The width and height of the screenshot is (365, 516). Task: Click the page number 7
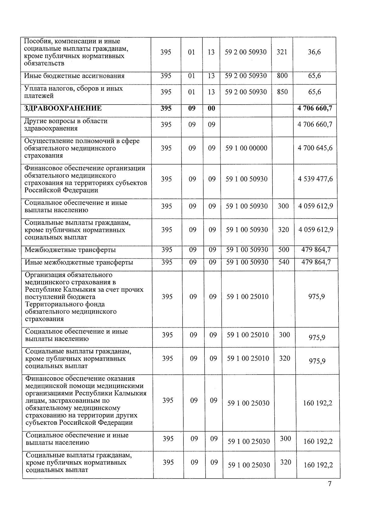tap(329, 484)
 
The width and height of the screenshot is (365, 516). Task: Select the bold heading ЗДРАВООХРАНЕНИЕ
tap(63, 108)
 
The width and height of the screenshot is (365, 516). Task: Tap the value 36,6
tap(314, 52)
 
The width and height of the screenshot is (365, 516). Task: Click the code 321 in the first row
tap(282, 52)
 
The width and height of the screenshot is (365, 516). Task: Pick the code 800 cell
tap(282, 76)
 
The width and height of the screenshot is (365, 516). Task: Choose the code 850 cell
tap(282, 92)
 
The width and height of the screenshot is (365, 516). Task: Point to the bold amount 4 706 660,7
tap(315, 108)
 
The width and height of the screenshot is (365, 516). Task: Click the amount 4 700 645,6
tap(315, 148)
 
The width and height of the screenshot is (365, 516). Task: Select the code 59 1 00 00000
tap(246, 148)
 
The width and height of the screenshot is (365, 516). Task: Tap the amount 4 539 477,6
tap(315, 179)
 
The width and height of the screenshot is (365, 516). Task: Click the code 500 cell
tap(284, 250)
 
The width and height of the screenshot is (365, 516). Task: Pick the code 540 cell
tap(284, 262)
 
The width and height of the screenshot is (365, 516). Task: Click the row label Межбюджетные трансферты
tap(70, 250)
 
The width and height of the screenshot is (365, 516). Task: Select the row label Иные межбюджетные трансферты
tap(79, 262)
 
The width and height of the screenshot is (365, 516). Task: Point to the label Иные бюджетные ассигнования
tap(74, 76)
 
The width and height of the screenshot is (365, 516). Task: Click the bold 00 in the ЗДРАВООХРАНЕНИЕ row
tap(211, 108)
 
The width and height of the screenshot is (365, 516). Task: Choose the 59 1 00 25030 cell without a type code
tap(249, 403)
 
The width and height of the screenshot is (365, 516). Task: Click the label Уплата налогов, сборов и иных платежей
tap(73, 92)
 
